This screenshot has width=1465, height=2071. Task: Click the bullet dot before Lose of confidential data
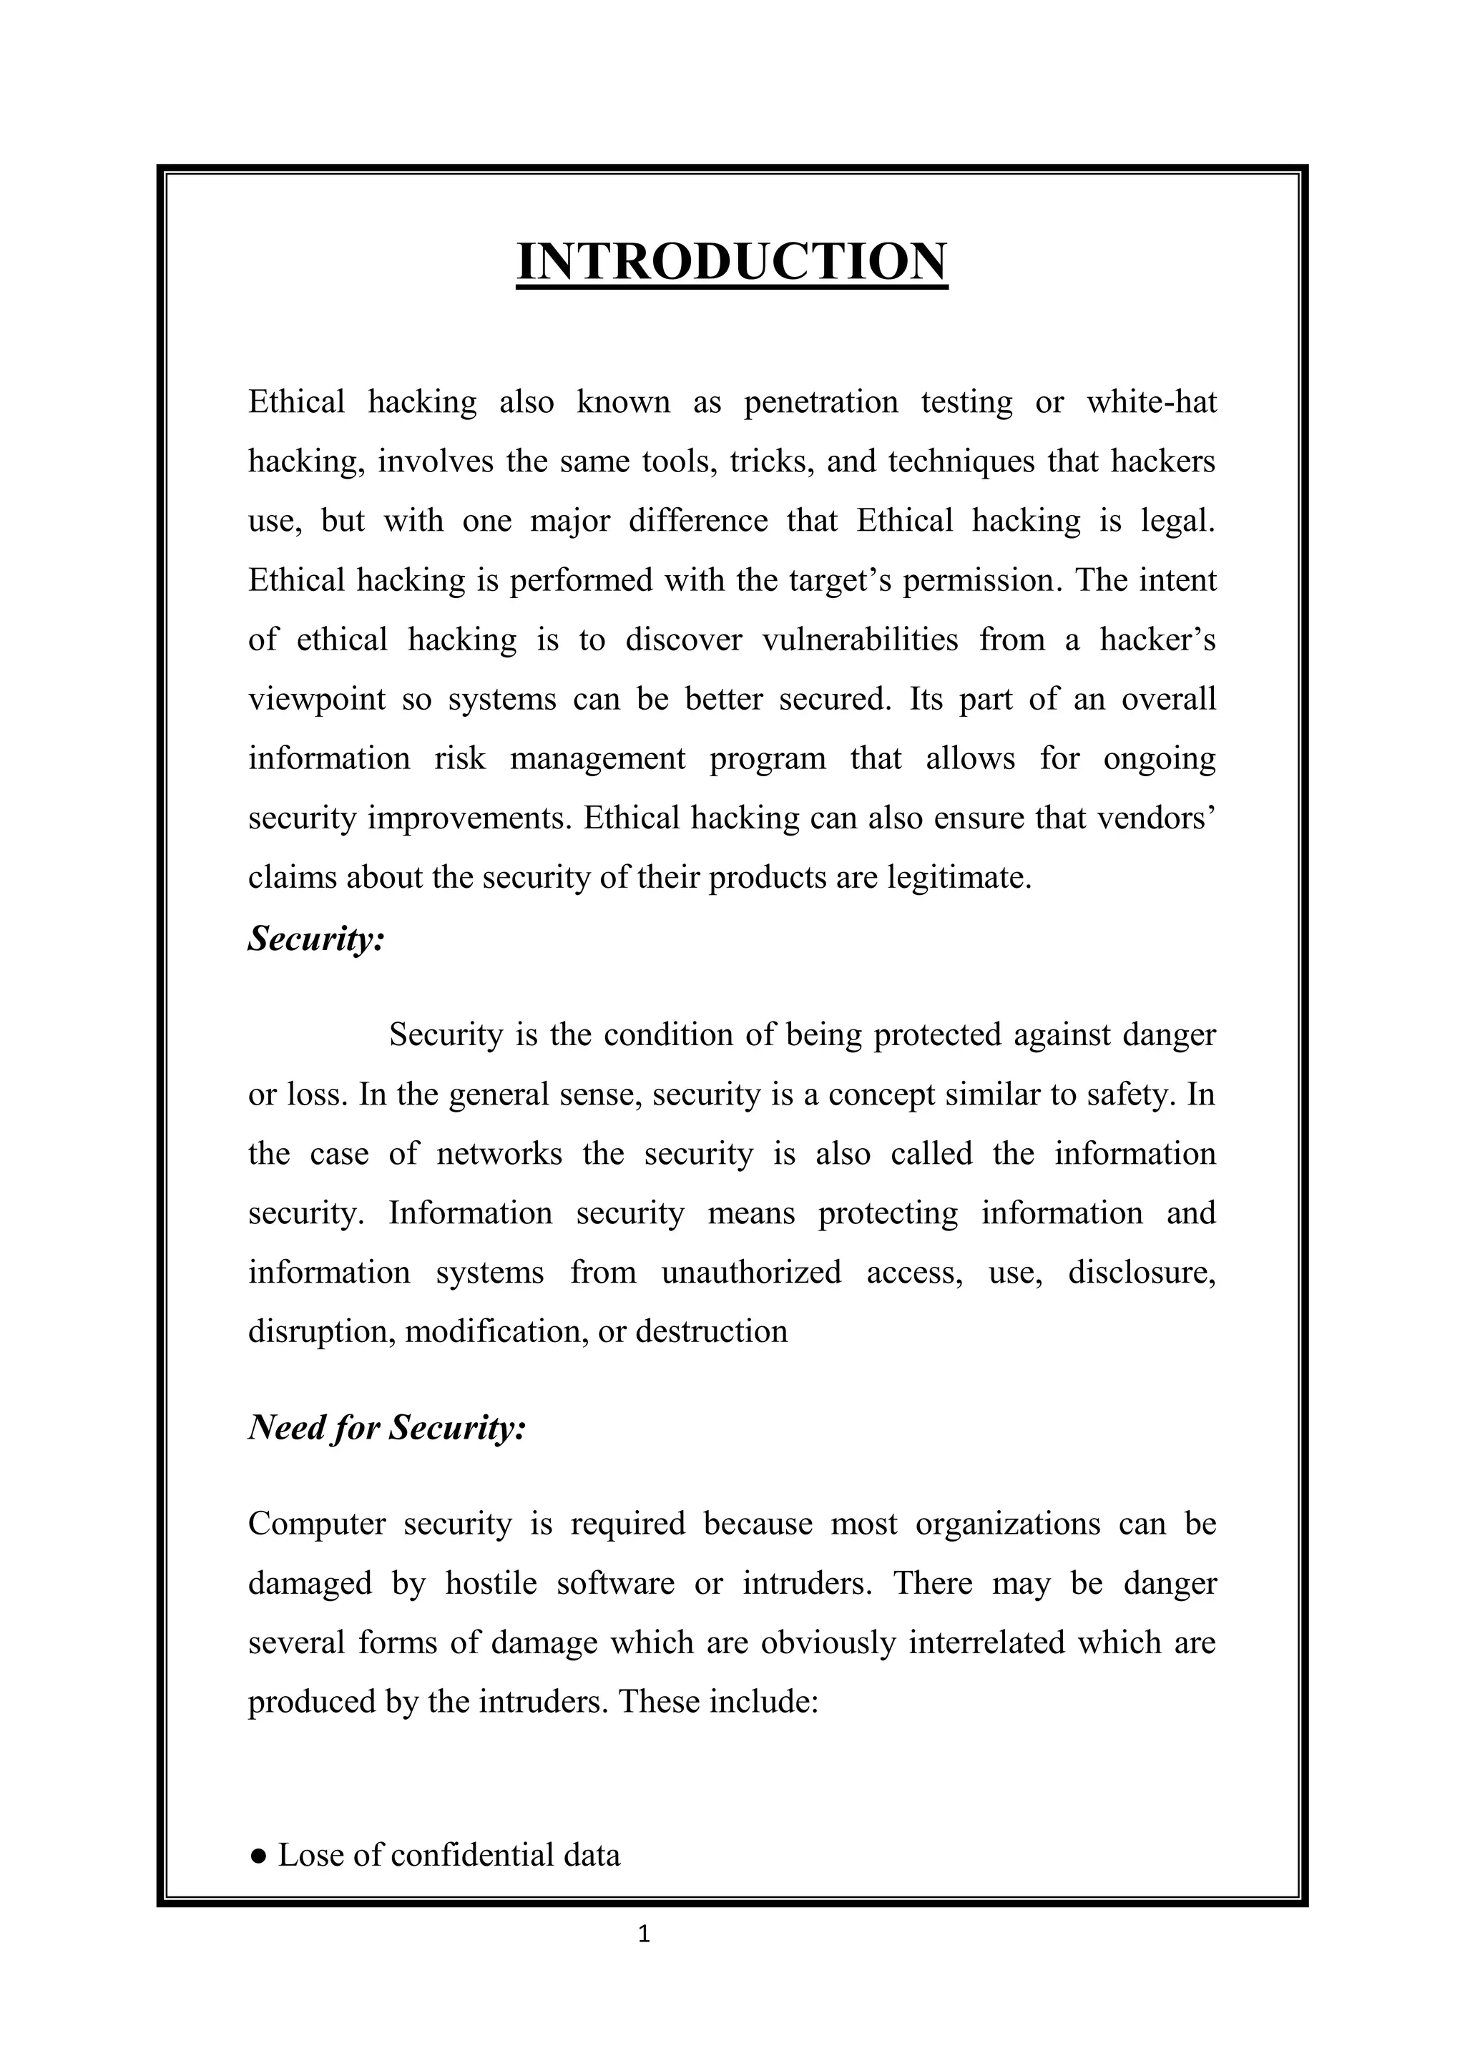coord(259,1856)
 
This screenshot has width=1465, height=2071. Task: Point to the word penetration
coord(821,401)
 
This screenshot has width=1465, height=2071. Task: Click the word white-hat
coord(1151,401)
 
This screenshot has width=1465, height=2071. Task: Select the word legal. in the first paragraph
coord(1178,521)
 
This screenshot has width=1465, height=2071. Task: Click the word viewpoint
coord(317,699)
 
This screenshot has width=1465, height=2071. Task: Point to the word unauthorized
coord(750,1272)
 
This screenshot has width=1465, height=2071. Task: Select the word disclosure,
coord(1142,1272)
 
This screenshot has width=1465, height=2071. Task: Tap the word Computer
coord(317,1524)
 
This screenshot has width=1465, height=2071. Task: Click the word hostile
coord(491,1583)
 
